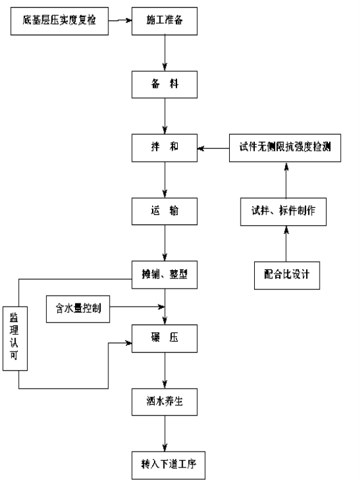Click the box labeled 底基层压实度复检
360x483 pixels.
pyautogui.click(x=60, y=21)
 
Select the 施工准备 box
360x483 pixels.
pyautogui.click(x=164, y=21)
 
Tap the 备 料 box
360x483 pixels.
pyautogui.click(x=164, y=85)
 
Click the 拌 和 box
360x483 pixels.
pyautogui.click(x=164, y=148)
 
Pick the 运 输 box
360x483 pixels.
pyautogui.click(x=164, y=211)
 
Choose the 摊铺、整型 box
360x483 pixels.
pyautogui.click(x=164, y=275)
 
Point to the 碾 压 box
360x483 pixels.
pyautogui.click(x=164, y=339)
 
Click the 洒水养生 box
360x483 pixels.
pyautogui.click(x=164, y=402)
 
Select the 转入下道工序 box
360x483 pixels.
pyautogui.click(x=168, y=465)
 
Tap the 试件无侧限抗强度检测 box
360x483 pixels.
pyautogui.click(x=285, y=148)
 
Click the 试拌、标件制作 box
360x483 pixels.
pyautogui.click(x=283, y=212)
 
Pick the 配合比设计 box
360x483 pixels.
pyautogui.click(x=287, y=275)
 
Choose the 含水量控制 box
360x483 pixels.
pyautogui.click(x=78, y=309)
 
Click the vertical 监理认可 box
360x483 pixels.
pyautogui.click(x=15, y=339)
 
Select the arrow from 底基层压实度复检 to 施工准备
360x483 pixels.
pyautogui.click(x=120, y=21)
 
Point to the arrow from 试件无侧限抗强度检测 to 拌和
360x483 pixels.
pyautogui.click(x=213, y=148)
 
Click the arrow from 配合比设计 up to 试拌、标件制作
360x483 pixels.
pyautogui.click(x=286, y=244)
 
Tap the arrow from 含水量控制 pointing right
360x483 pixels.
pyautogui.click(x=137, y=307)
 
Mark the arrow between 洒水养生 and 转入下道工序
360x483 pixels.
pyautogui.click(x=165, y=434)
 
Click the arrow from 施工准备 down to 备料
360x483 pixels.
pyautogui.click(x=165, y=53)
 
